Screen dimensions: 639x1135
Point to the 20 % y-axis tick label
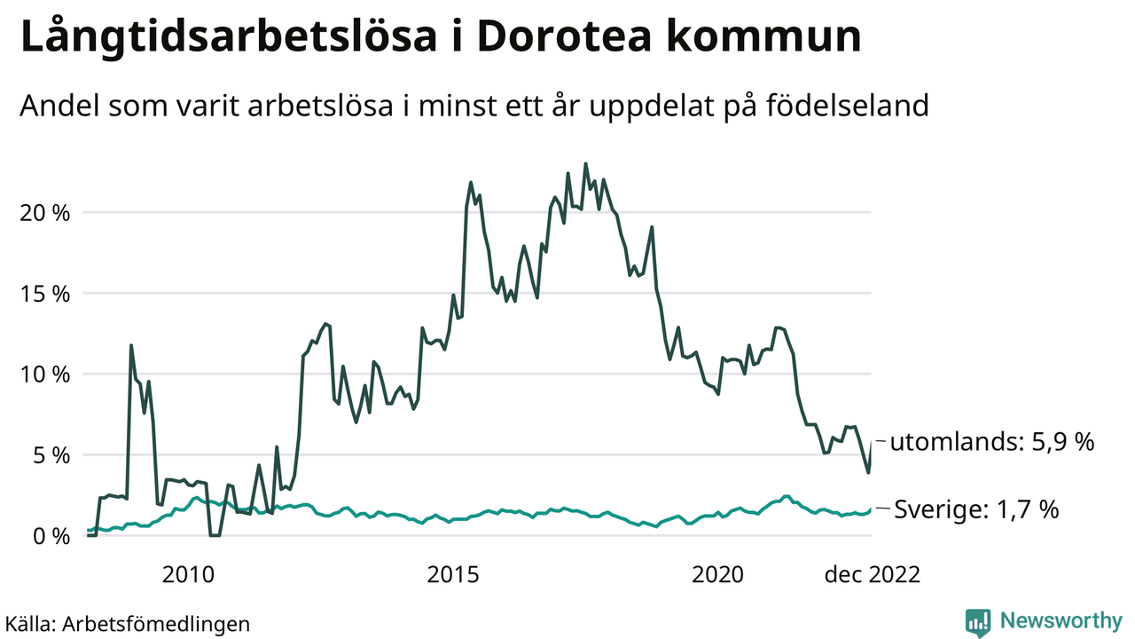[43, 213]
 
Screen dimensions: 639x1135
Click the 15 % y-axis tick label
[43, 294]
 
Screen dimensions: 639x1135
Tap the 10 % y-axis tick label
[43, 375]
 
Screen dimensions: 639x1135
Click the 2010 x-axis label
[188, 574]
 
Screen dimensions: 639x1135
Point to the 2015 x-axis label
[454, 574]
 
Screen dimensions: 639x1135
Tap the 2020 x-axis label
[719, 574]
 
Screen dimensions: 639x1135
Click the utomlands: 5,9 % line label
[992, 442]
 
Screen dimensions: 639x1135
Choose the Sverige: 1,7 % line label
[976, 509]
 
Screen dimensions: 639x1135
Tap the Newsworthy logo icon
[978, 622]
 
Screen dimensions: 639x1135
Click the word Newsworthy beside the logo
[1061, 621]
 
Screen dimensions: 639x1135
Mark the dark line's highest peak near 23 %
[585, 164]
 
